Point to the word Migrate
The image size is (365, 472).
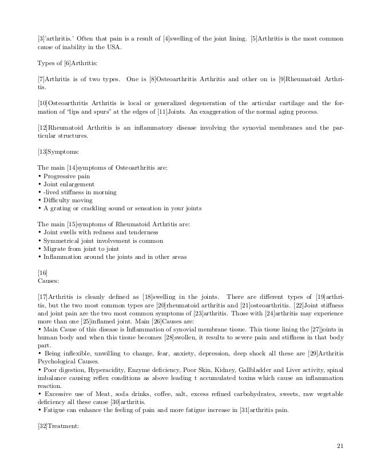point(54,249)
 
